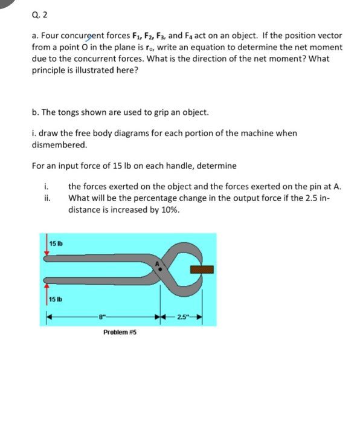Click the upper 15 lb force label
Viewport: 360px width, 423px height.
click(56, 243)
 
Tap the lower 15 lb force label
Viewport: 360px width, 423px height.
click(56, 300)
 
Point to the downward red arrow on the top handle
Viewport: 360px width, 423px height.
click(47, 248)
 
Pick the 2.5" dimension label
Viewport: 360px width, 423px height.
click(182, 317)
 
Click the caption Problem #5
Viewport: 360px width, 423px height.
click(120, 332)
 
